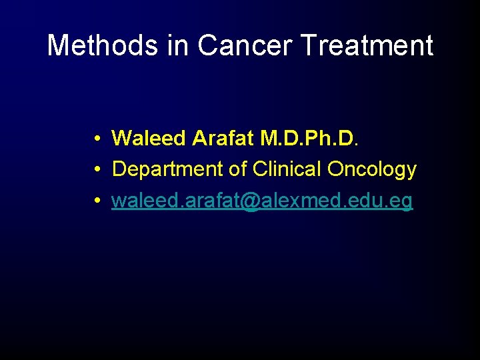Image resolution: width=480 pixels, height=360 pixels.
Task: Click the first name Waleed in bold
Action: click(149, 138)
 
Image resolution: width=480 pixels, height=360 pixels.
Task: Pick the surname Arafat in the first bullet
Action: click(223, 138)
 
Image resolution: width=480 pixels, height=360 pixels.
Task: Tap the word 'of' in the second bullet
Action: click(238, 169)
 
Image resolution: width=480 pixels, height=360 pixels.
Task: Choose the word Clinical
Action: click(287, 169)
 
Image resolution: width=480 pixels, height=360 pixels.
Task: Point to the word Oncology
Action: click(371, 170)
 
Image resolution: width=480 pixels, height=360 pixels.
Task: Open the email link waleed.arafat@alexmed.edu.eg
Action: click(262, 201)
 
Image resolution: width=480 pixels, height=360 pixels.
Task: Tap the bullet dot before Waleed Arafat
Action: click(97, 139)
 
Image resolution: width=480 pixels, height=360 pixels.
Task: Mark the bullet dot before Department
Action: click(97, 170)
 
